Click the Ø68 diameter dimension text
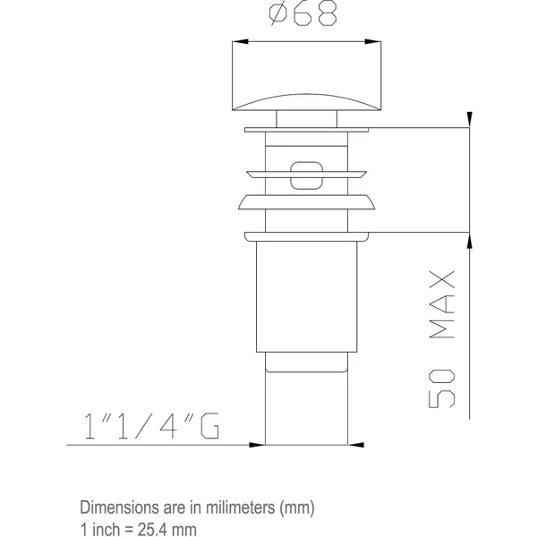click(303, 14)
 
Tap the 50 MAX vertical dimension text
click(442, 339)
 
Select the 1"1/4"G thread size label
click(152, 426)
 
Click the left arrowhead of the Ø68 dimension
click(240, 41)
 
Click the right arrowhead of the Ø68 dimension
click(373, 41)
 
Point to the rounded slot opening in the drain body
click(306, 175)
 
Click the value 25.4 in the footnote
click(153, 529)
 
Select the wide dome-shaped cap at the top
click(306, 76)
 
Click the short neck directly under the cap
click(306, 119)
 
